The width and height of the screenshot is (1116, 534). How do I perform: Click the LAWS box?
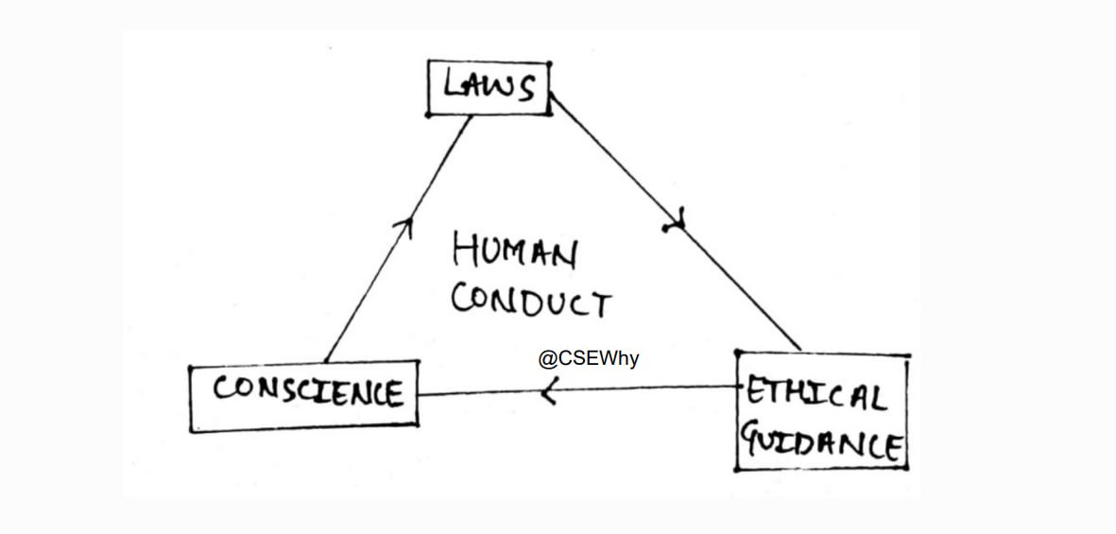489,89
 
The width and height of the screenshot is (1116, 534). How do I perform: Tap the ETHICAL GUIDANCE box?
821,412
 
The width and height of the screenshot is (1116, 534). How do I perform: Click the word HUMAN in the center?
514,252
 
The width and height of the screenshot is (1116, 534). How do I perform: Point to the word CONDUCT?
531,301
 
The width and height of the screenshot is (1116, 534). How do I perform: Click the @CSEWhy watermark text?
589,359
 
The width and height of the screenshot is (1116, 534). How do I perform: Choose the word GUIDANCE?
820,441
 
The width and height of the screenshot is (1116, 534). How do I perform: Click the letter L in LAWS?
452,86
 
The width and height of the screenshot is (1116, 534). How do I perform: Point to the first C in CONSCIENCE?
223,388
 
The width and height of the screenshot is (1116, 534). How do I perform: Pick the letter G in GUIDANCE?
753,439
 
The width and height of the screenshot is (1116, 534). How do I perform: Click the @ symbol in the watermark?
546,360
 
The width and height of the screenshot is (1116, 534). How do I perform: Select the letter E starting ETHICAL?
754,390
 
